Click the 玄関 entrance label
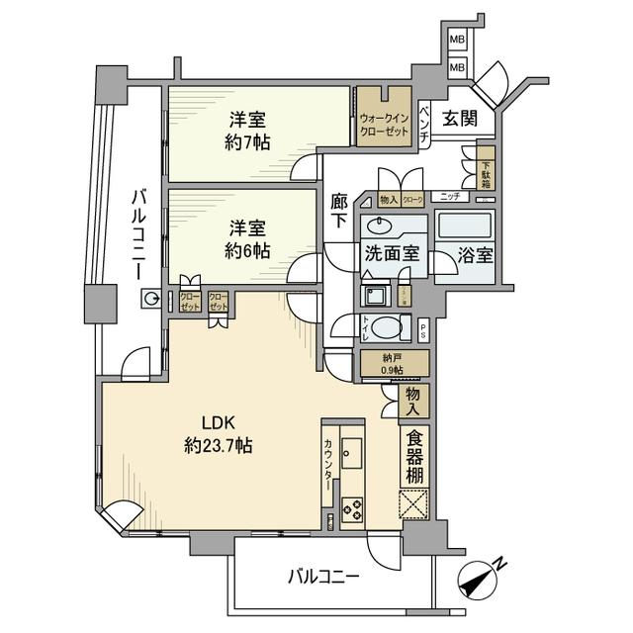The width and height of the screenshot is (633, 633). point(461,120)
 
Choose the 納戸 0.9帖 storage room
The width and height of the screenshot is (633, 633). point(392,364)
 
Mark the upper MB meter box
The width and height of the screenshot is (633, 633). point(457,40)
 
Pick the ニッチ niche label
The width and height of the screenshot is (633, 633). point(449,198)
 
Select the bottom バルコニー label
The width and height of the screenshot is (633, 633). point(323,575)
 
